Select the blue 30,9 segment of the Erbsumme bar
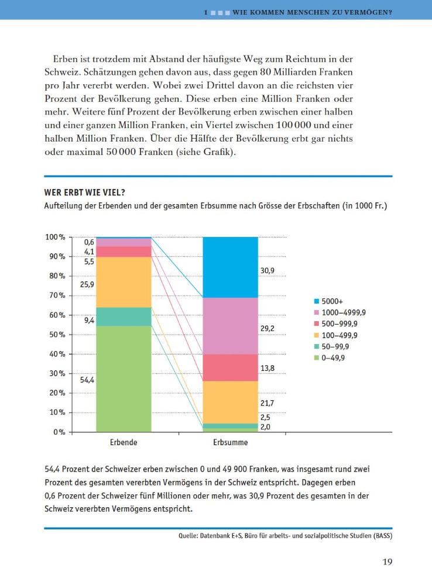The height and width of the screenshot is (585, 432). pyautogui.click(x=230, y=267)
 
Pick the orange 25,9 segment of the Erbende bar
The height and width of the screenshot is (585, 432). pyautogui.click(x=124, y=282)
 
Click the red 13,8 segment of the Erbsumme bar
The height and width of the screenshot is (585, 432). pyautogui.click(x=230, y=367)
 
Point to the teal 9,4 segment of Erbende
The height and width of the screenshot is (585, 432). pyautogui.click(x=124, y=316)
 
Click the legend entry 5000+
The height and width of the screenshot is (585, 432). pyautogui.click(x=332, y=301)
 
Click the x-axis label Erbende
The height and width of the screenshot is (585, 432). pyautogui.click(x=124, y=443)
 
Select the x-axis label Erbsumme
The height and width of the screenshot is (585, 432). pyautogui.click(x=230, y=443)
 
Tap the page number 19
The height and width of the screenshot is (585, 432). pyautogui.click(x=387, y=562)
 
